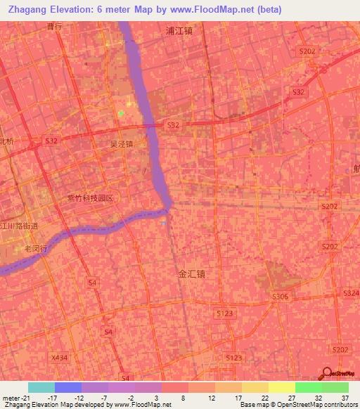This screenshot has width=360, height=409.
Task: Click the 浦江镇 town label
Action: [179, 31]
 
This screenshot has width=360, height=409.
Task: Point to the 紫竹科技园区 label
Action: [90, 198]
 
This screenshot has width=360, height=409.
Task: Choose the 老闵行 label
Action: [35, 249]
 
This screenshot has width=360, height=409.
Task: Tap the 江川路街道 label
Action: [18, 226]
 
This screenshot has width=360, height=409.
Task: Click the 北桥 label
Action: [6, 141]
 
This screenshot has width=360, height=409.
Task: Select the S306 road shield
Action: [280, 297]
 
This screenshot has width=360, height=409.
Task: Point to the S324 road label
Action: [351, 292]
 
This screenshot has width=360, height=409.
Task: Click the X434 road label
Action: [60, 357]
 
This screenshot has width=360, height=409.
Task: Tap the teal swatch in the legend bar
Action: [41, 387]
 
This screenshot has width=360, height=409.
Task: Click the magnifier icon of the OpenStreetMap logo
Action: [326, 373]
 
